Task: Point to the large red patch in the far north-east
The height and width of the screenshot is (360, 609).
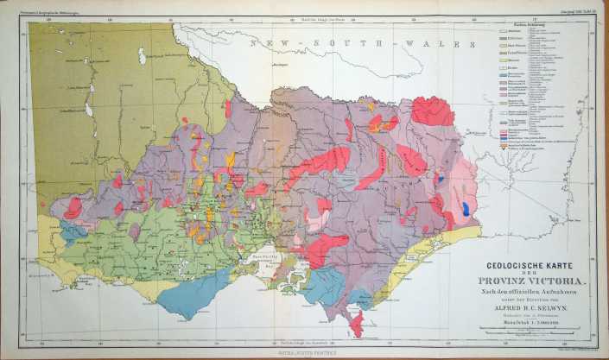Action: (432, 111)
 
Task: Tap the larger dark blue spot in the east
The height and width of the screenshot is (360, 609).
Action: (467, 208)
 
